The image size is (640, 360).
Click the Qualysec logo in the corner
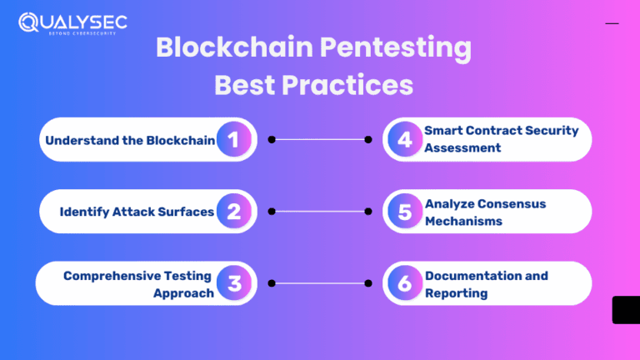click(x=72, y=22)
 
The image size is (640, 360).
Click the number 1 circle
click(x=234, y=140)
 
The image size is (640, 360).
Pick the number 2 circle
click(x=234, y=212)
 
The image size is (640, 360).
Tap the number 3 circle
click(x=234, y=283)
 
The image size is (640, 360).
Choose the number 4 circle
click(x=405, y=140)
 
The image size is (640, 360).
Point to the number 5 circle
click(x=405, y=212)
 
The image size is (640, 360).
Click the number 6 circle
click(x=405, y=283)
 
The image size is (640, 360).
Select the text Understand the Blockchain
click(x=130, y=140)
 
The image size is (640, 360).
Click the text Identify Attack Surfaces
click(x=137, y=212)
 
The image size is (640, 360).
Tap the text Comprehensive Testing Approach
click(x=138, y=283)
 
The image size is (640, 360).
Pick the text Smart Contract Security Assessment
click(x=501, y=139)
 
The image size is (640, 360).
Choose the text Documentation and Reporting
click(x=486, y=283)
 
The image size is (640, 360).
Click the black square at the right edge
click(x=625, y=309)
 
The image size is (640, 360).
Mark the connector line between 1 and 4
click(x=320, y=140)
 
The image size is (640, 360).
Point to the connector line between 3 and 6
click(x=320, y=283)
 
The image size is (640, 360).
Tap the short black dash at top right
click(x=612, y=23)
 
